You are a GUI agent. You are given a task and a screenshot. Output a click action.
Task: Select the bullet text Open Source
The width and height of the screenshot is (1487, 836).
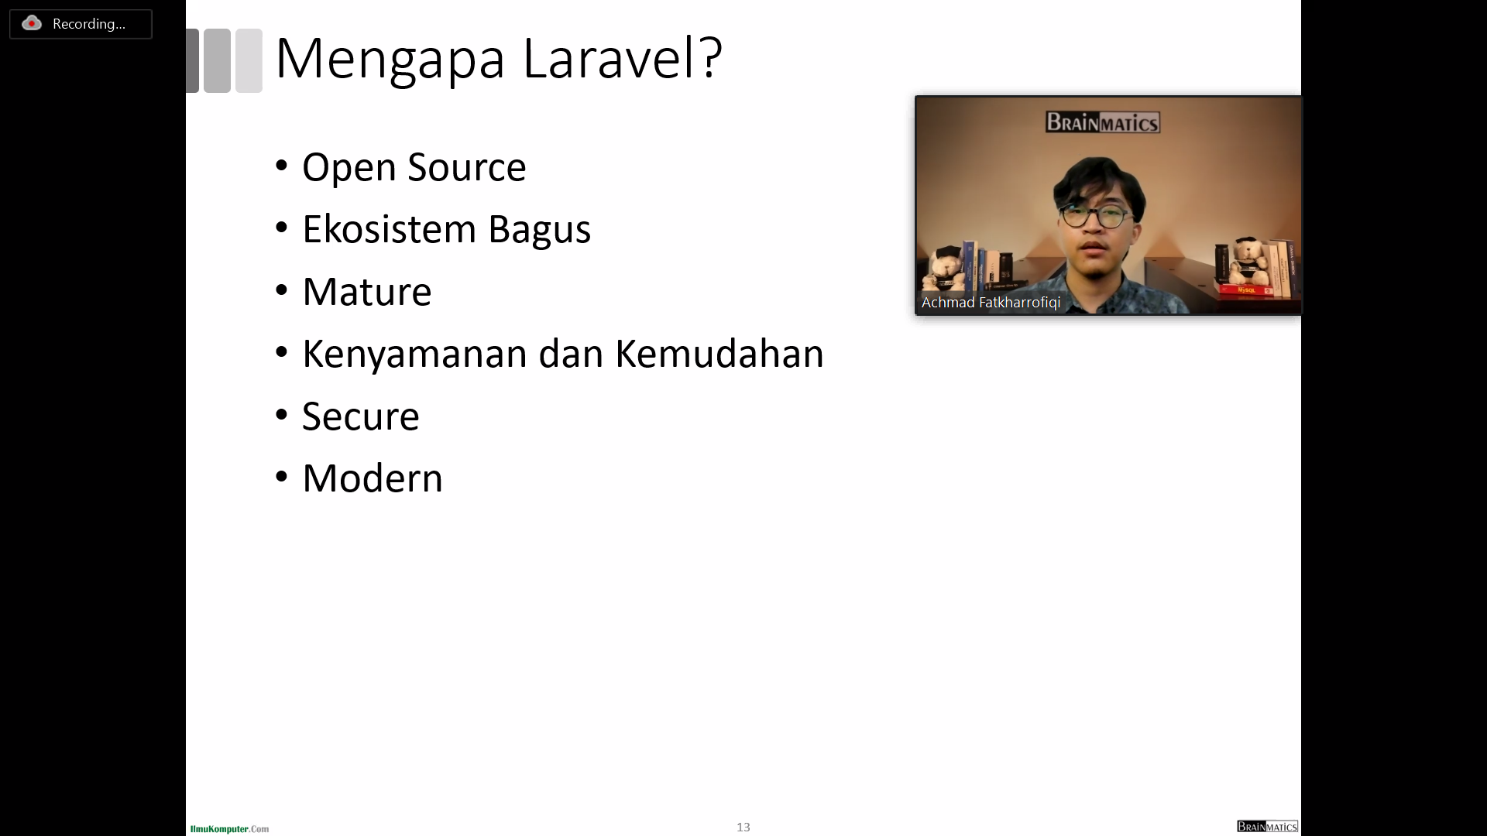coord(414,168)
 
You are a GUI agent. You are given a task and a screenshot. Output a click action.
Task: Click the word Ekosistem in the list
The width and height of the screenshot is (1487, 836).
coord(389,229)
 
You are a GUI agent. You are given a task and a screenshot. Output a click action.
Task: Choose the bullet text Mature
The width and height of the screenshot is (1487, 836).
coord(367,292)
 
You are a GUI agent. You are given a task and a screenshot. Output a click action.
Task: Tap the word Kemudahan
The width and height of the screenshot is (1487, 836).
coord(719,354)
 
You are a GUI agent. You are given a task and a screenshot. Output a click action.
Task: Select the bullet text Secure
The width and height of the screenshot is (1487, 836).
coord(361,416)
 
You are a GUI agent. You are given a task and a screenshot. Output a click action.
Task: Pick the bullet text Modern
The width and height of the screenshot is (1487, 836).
coord(373,478)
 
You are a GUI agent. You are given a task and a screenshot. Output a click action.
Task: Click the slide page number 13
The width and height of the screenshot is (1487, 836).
coord(743,827)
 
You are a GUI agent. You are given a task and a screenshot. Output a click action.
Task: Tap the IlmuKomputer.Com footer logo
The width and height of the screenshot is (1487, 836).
coord(229,829)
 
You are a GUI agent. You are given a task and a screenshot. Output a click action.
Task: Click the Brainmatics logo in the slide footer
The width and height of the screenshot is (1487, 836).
coord(1267,827)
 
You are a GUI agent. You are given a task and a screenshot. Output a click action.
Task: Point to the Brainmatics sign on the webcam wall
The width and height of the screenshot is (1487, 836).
coord(1103,122)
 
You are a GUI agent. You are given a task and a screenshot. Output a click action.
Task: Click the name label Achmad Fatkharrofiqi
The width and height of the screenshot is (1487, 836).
coord(991,303)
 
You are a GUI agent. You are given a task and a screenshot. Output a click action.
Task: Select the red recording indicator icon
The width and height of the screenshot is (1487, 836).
coord(32,23)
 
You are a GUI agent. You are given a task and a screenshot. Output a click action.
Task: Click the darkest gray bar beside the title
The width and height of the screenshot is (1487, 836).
coord(193,60)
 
